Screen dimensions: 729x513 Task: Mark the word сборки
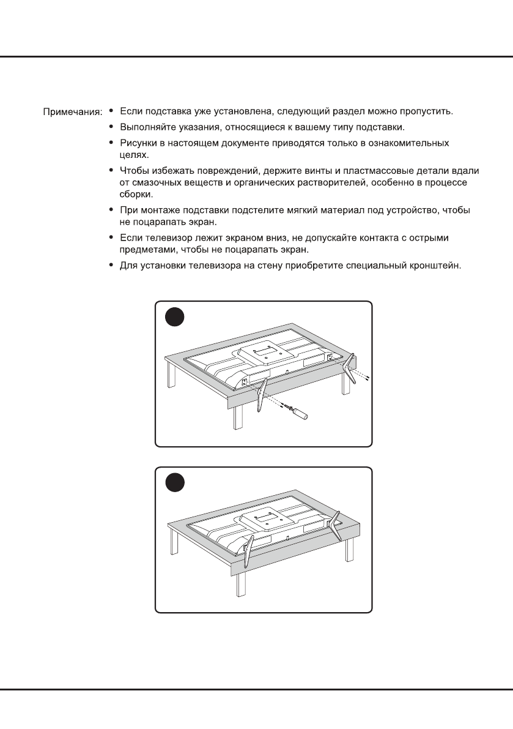135,193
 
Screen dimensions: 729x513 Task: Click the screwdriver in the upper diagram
298,411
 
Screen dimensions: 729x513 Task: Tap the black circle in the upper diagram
175,318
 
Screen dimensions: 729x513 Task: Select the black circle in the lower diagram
175,484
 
